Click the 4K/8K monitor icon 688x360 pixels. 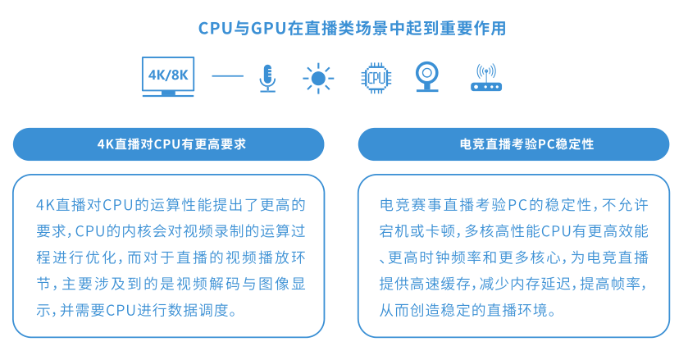(168, 76)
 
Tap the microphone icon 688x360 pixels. (267, 78)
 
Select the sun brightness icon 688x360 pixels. (318, 79)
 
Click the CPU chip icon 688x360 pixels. (376, 78)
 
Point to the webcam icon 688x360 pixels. (427, 76)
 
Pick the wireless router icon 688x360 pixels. (486, 78)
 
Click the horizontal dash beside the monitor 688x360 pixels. (228, 76)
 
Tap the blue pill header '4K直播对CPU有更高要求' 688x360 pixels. (168, 144)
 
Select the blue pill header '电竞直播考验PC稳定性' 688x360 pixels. (514, 144)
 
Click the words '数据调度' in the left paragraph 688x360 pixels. (198, 311)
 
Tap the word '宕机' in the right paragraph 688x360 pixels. (394, 231)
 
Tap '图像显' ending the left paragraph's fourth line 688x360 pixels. (282, 284)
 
